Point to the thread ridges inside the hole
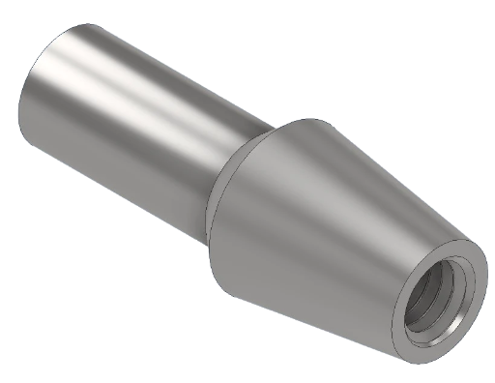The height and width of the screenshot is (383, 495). point(422,308)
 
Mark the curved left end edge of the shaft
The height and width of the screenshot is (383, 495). point(21,97)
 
